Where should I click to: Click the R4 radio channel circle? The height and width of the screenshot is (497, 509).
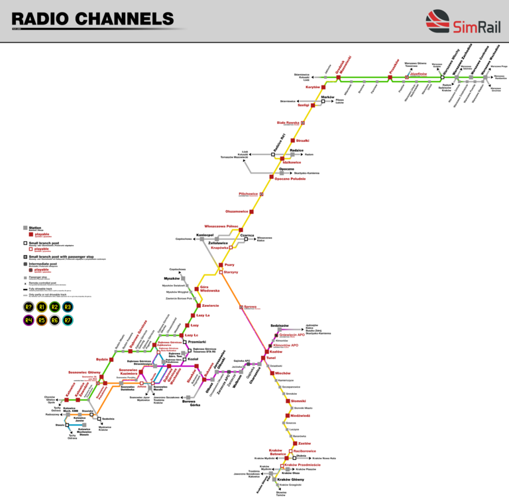click(28, 321)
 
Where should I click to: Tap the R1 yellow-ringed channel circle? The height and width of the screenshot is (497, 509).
click(42, 307)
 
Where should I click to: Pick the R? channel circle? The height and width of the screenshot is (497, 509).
click(28, 307)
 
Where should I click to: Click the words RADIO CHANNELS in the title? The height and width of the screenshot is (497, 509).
click(93, 18)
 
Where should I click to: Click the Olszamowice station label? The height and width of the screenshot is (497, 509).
click(237, 211)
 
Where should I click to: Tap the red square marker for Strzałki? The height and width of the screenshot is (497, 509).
click(292, 140)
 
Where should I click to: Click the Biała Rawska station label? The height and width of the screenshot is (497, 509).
click(288, 123)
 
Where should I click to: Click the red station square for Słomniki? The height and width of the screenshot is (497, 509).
click(287, 401)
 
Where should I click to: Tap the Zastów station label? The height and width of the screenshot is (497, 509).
click(304, 443)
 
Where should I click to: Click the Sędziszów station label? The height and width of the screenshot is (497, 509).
click(279, 326)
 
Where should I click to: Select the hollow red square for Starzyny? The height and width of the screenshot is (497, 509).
click(221, 272)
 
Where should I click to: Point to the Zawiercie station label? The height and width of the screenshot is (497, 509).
click(211, 305)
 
